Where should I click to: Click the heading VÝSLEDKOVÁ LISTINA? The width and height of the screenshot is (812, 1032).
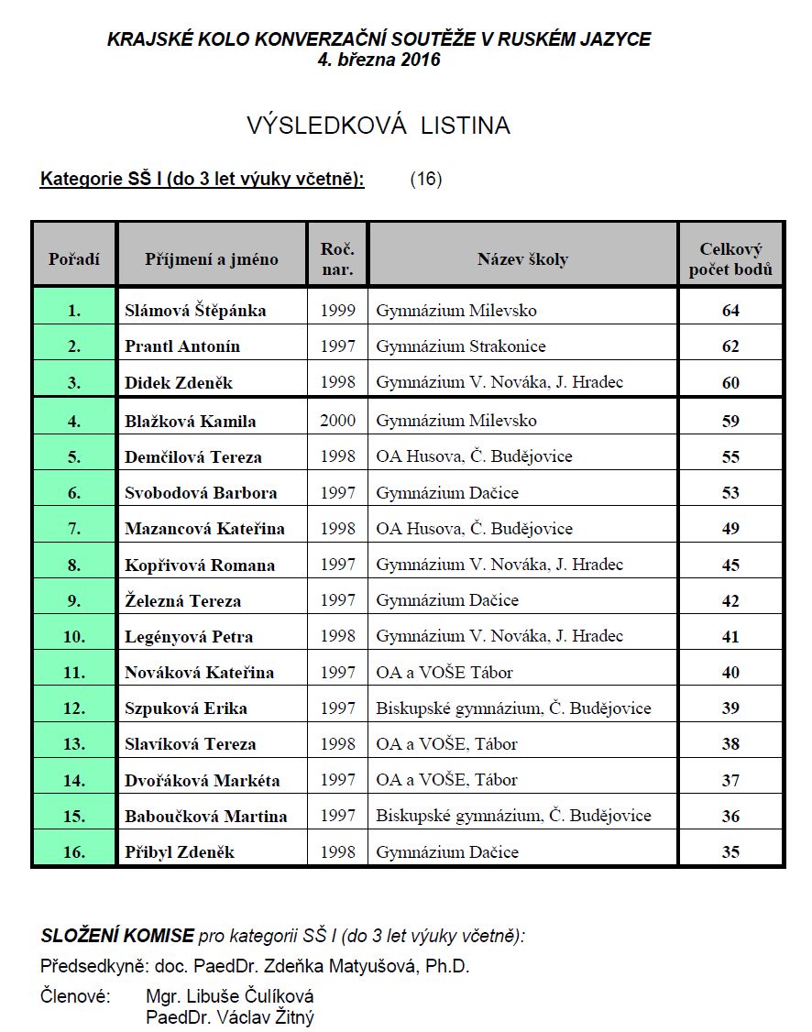(x=378, y=126)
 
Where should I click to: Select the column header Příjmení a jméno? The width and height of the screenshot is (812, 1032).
(x=211, y=259)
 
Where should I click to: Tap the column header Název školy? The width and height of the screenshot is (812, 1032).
(x=522, y=259)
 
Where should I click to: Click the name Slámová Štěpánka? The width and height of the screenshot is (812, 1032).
(x=195, y=311)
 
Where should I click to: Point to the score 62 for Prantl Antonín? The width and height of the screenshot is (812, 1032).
(x=730, y=346)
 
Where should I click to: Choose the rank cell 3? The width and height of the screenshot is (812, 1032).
(x=74, y=382)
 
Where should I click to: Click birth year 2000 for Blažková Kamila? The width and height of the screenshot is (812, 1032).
(x=337, y=421)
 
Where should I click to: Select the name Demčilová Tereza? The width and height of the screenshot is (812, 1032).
(x=193, y=456)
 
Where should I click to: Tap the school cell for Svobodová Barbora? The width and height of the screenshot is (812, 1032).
(x=447, y=492)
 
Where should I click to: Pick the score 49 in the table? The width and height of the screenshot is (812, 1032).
(x=730, y=528)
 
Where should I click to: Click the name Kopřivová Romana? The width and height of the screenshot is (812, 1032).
(x=200, y=565)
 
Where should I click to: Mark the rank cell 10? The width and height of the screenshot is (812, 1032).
(x=74, y=636)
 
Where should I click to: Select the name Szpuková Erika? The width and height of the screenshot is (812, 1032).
(x=186, y=708)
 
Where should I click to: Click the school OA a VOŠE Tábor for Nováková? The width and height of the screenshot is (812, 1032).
(x=444, y=673)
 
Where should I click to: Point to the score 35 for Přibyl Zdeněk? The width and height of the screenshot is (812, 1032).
(x=730, y=852)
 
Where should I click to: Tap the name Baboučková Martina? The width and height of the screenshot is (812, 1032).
(x=206, y=817)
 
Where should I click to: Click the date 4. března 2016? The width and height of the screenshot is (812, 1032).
(x=378, y=60)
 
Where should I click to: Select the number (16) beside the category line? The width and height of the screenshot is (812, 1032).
(x=426, y=179)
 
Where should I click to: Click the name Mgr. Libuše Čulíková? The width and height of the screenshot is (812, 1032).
(x=230, y=996)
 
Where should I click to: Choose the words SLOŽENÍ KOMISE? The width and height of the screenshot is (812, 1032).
(x=117, y=937)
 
